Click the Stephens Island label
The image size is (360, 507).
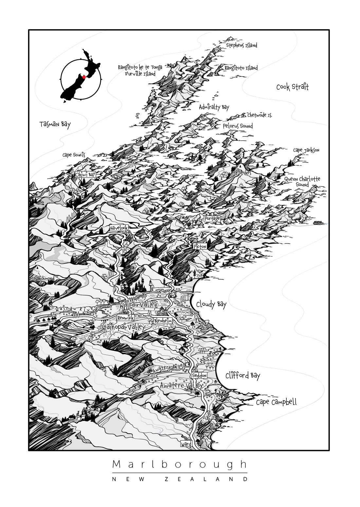242,45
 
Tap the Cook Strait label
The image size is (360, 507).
292,87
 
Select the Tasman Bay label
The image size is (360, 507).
55,124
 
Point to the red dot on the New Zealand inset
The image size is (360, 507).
83,77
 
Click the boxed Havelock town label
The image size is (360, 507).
119,228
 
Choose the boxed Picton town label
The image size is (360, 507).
200,246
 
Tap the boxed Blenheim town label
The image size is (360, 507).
163,321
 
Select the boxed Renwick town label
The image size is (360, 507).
126,318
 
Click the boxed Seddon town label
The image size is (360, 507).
199,375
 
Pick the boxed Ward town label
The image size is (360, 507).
186,444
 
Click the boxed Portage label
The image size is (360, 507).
212,218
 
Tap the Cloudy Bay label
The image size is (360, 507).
211,304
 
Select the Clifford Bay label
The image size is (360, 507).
243,375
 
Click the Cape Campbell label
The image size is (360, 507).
276,402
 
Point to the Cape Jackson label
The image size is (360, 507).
306,150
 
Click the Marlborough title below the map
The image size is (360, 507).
180,464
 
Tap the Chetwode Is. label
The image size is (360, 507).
260,115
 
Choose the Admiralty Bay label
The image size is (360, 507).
214,107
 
